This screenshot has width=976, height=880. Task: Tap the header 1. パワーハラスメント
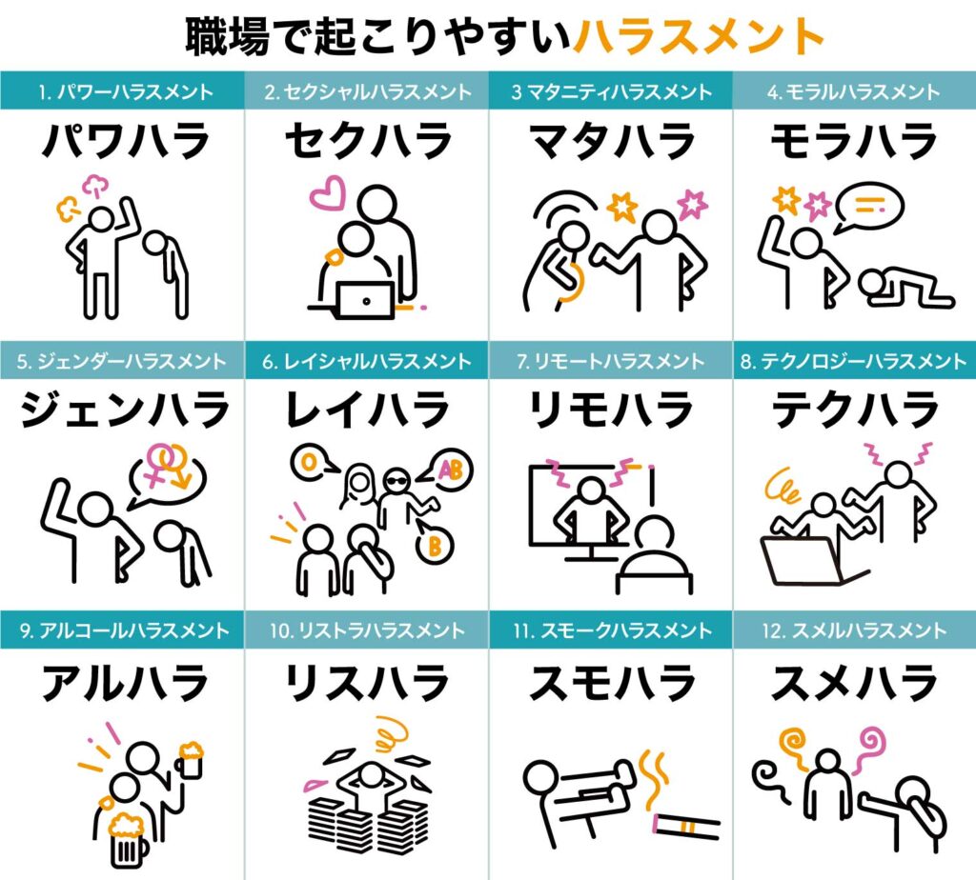126,92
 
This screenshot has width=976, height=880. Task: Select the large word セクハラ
369,141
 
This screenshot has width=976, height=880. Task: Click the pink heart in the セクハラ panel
328,192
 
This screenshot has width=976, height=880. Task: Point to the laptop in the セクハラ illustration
366,300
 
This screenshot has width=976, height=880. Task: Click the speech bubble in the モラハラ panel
868,208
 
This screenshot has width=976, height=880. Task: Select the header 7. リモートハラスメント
611,361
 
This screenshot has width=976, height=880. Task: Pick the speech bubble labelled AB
446,470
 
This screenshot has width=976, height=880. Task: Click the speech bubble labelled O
313,462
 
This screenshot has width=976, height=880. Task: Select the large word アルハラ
125,682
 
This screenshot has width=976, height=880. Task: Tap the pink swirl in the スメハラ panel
868,750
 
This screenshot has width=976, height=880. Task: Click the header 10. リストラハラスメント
367,630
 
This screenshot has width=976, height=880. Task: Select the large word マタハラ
611,141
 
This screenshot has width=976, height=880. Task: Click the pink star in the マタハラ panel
692,205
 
